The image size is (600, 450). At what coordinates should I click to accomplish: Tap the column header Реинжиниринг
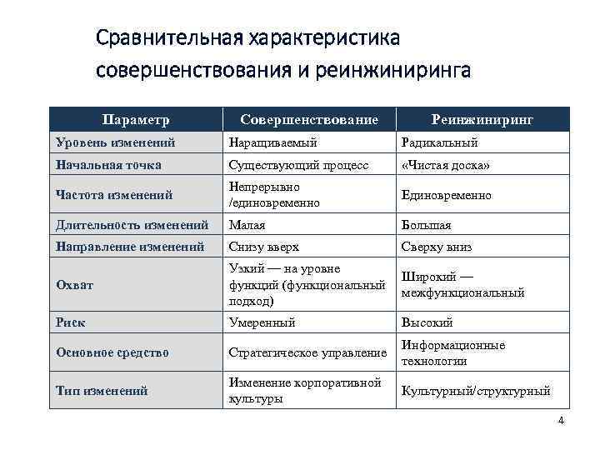click(482, 120)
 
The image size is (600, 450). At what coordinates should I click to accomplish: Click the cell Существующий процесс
click(298, 165)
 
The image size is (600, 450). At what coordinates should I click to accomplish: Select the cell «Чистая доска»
click(445, 165)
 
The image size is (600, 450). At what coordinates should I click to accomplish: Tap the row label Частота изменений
click(114, 195)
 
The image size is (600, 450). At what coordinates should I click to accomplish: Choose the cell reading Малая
click(247, 224)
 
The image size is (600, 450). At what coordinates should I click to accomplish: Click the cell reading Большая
click(427, 224)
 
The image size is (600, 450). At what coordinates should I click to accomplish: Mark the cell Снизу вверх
click(263, 247)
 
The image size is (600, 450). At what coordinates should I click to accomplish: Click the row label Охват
click(74, 284)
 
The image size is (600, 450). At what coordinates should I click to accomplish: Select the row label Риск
click(71, 322)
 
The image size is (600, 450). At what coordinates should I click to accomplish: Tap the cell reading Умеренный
click(262, 322)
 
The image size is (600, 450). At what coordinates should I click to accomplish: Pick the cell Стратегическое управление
click(307, 352)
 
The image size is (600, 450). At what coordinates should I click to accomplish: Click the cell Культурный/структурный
click(476, 390)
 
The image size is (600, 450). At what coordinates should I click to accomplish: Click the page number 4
click(561, 420)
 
